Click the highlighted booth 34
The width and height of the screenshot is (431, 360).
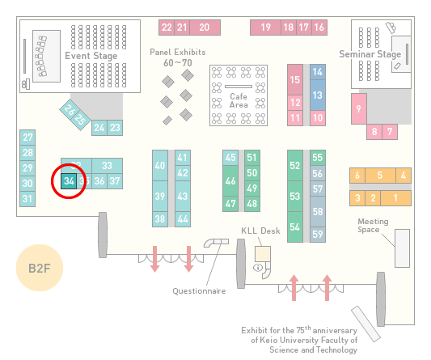click(x=69, y=181)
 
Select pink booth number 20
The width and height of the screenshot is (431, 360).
click(x=205, y=28)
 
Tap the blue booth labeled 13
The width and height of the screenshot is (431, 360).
click(x=318, y=95)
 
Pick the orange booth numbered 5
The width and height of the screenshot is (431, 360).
click(x=380, y=176)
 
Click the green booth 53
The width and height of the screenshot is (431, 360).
click(x=295, y=196)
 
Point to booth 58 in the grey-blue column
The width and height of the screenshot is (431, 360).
click(x=318, y=211)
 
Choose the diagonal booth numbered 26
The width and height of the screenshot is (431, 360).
click(x=69, y=109)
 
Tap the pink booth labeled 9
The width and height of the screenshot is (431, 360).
click(x=359, y=108)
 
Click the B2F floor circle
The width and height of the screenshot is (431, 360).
click(x=40, y=268)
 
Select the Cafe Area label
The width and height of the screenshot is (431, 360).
click(x=239, y=100)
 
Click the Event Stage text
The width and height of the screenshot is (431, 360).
click(x=91, y=56)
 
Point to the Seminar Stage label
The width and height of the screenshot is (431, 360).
click(x=370, y=54)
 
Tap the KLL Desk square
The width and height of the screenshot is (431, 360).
click(x=263, y=254)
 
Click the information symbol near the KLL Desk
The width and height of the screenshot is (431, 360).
click(x=258, y=267)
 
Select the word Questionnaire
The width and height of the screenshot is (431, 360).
click(x=199, y=291)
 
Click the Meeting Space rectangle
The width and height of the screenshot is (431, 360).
click(x=402, y=248)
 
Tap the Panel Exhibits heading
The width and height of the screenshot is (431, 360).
click(x=178, y=52)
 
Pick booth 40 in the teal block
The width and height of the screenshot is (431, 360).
click(x=160, y=165)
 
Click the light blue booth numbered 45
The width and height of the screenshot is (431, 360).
click(x=230, y=158)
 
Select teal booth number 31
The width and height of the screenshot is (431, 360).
click(x=27, y=199)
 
